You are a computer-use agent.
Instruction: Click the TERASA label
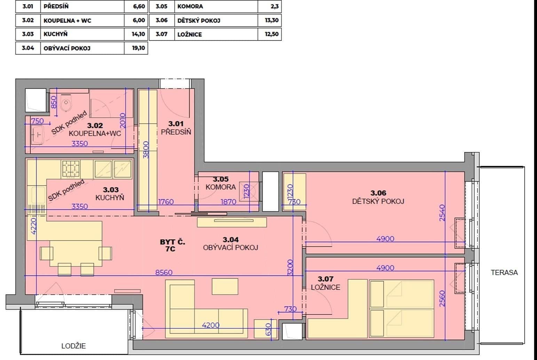click(x=504, y=273)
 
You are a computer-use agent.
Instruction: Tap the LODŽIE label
click(x=73, y=346)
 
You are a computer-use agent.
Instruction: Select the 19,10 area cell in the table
click(x=138, y=48)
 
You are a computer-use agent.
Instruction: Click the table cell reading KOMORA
click(x=190, y=6)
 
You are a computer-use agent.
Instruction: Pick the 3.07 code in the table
click(x=161, y=34)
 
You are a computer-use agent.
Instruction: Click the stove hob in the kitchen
click(x=71, y=169)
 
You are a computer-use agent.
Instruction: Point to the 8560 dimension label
click(x=164, y=272)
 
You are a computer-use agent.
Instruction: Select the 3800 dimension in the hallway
click(x=146, y=150)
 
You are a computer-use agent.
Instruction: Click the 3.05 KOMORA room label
click(x=220, y=183)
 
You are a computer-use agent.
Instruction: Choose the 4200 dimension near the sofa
click(x=211, y=325)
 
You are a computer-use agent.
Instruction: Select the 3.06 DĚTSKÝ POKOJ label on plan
click(x=378, y=197)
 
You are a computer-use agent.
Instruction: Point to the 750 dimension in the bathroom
click(x=37, y=121)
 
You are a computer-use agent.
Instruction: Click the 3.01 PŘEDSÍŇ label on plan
click(x=176, y=128)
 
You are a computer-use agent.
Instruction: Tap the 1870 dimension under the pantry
click(x=228, y=201)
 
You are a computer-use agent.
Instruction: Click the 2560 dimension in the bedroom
click(x=442, y=298)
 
